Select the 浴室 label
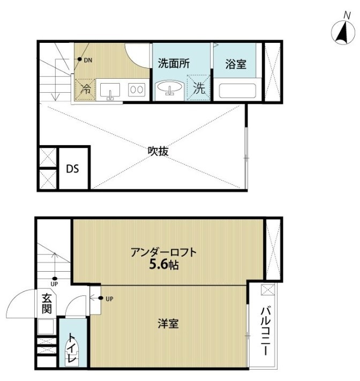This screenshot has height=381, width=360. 236,64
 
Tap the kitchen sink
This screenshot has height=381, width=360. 111,90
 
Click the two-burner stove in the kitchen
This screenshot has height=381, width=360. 136,90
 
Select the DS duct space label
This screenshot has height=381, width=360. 72,168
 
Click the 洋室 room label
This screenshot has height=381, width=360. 168,324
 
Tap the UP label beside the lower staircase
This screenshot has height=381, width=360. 54,284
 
